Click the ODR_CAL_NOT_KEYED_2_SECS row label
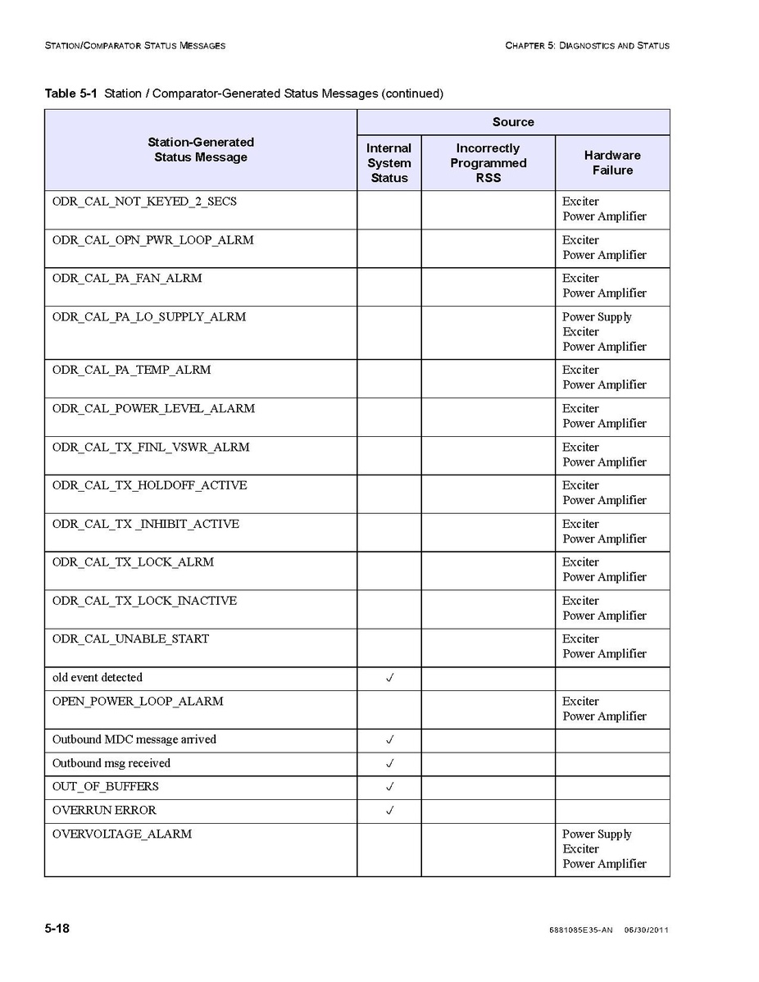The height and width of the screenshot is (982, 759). pos(144,202)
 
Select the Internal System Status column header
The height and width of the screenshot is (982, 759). pos(389,163)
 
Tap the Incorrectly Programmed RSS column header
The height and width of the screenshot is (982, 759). pos(488,163)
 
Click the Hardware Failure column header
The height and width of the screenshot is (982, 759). pos(612,162)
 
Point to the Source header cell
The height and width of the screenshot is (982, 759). pos(513,122)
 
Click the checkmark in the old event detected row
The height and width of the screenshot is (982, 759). pos(390,678)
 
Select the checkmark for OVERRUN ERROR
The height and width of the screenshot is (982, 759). pos(390,811)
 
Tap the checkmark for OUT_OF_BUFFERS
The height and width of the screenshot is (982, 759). pos(390,787)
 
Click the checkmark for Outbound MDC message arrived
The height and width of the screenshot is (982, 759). pos(390,739)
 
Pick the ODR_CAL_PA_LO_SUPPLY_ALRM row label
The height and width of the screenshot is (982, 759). pos(149,317)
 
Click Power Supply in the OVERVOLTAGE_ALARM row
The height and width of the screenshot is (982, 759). pos(597,834)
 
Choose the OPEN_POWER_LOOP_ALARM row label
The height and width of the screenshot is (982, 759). pos(139,702)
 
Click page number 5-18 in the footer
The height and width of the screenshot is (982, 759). pos(57,929)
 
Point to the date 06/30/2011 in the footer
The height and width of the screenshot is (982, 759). pos(647,930)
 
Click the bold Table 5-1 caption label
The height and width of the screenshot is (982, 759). pos(71,93)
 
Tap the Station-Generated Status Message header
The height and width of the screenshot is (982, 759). pos(201,150)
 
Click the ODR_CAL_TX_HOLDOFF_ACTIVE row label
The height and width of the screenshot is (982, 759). pos(149,486)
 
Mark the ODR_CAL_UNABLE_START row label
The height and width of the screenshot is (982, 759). pos(130,639)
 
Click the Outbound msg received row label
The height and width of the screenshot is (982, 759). pos(111,763)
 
